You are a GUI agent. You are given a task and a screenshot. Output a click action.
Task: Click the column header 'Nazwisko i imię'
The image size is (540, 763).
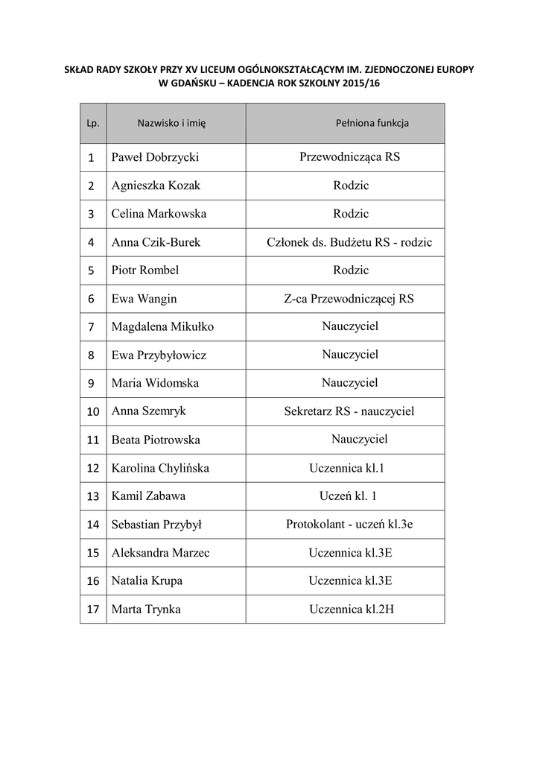(171, 124)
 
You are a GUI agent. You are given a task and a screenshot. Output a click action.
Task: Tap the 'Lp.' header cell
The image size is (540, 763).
(93, 124)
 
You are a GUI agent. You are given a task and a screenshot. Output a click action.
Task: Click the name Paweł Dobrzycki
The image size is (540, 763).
(156, 157)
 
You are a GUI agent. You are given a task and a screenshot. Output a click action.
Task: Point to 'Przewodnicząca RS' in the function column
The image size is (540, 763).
(350, 157)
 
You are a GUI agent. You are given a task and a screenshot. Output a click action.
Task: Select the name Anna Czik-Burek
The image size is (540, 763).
(156, 242)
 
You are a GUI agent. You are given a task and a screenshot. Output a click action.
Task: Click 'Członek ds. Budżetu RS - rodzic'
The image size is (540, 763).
(349, 242)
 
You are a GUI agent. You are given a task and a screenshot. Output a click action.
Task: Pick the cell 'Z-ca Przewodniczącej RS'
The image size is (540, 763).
(349, 299)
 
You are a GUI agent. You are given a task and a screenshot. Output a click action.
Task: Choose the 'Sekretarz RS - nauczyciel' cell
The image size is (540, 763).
(349, 411)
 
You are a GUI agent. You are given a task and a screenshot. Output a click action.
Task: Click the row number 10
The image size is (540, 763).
(93, 411)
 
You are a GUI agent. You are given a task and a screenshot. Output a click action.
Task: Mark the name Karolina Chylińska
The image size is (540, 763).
(160, 469)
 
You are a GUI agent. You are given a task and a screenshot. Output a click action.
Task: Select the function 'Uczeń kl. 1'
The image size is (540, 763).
(349, 496)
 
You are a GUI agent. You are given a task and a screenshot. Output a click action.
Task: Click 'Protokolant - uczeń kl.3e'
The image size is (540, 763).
(349, 524)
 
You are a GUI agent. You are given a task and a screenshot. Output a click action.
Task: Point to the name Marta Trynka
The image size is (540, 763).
(146, 609)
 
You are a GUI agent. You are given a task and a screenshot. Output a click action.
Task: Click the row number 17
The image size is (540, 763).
(93, 610)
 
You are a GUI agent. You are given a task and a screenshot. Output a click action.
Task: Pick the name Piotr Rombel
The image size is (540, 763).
(145, 270)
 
